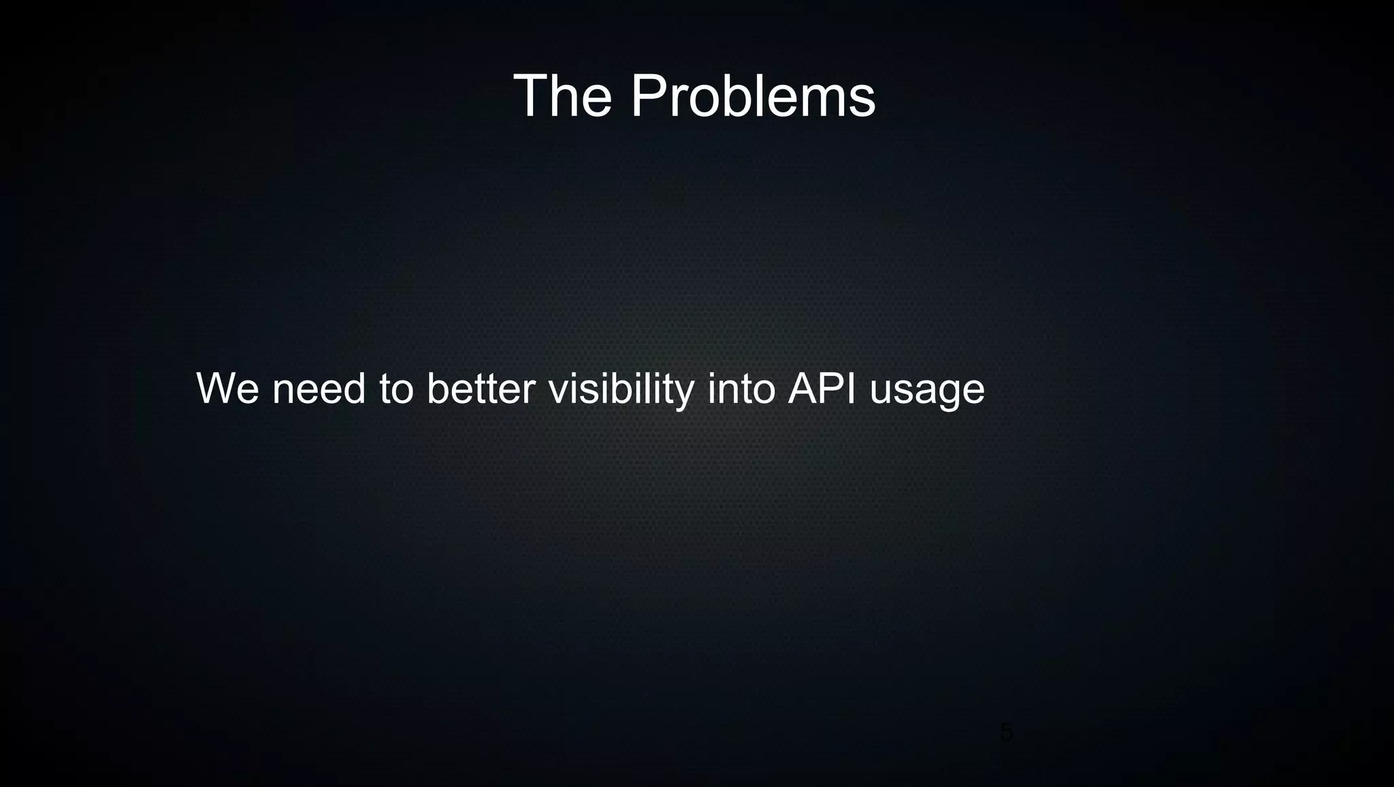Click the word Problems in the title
click(753, 97)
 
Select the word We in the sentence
click(227, 389)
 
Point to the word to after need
click(396, 389)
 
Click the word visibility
click(621, 389)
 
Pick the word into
click(741, 389)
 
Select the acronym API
click(822, 389)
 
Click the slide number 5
click(1006, 733)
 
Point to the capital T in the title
click(531, 97)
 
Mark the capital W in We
click(216, 389)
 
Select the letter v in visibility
click(558, 391)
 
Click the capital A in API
click(803, 389)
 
